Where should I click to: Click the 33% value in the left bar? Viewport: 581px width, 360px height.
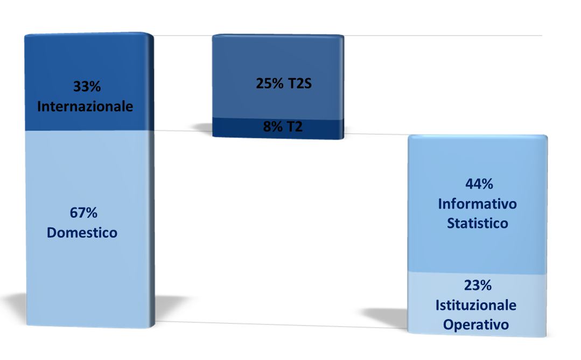point(87,86)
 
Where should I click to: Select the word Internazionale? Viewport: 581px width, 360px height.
point(85,106)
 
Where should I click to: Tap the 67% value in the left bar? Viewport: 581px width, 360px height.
point(84,213)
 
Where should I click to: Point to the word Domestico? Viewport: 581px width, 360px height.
point(82,233)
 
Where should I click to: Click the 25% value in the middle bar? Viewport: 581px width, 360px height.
point(270,84)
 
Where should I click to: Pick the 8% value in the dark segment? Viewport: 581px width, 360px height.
point(272,127)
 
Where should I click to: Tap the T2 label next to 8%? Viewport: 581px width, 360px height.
point(294,127)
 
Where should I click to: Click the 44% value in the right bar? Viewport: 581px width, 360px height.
point(479,184)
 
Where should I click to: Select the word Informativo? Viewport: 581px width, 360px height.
point(477,204)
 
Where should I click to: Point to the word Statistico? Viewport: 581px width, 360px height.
point(477,224)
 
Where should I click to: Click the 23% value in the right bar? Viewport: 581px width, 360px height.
point(478,286)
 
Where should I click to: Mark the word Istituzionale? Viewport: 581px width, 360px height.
point(476,306)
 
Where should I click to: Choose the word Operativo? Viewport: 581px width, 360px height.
point(476,325)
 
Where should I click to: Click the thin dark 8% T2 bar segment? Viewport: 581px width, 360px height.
point(278,128)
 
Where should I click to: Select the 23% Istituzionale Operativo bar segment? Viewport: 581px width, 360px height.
point(477,304)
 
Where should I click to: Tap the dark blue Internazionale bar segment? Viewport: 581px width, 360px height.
point(89,82)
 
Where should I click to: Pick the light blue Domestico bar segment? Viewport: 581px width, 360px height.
point(90,229)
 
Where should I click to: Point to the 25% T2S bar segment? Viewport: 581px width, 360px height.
point(278,77)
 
